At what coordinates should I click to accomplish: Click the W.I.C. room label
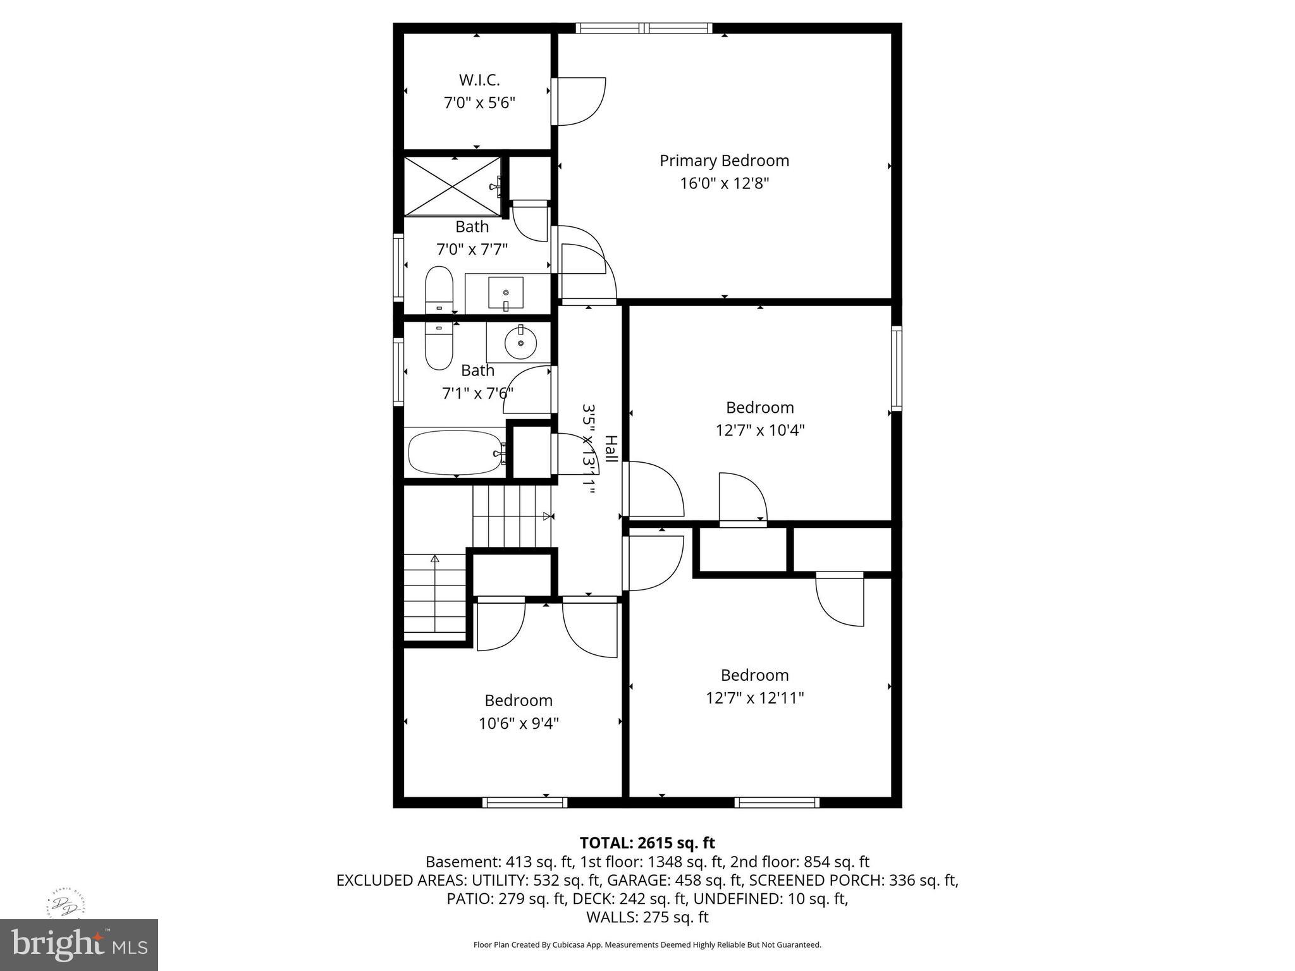click(x=479, y=80)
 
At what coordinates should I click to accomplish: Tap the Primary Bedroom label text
click(x=724, y=161)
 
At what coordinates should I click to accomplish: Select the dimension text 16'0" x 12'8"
click(x=724, y=183)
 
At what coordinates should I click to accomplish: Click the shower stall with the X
click(x=451, y=186)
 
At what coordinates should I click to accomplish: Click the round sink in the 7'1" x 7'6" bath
click(x=520, y=343)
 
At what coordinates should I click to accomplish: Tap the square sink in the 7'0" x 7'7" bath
click(x=505, y=293)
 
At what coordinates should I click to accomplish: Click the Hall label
click(x=611, y=448)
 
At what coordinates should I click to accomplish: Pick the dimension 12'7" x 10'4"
click(x=759, y=431)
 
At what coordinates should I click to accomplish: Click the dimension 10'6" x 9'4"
click(x=519, y=723)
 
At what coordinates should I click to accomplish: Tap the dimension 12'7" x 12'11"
click(x=754, y=698)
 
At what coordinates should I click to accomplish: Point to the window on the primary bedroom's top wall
click(x=644, y=28)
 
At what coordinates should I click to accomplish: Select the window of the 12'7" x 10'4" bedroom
click(x=896, y=368)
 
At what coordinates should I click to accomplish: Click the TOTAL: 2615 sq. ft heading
click(x=647, y=843)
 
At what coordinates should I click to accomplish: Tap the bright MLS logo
click(x=79, y=944)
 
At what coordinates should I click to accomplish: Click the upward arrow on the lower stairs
click(x=434, y=559)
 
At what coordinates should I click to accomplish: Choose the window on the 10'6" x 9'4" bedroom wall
click(x=525, y=802)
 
